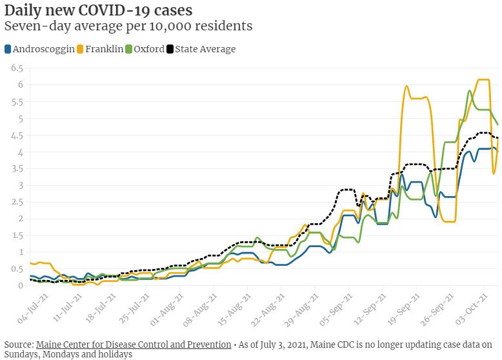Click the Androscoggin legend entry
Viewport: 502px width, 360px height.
point(43,49)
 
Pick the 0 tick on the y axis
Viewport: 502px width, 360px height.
point(20,285)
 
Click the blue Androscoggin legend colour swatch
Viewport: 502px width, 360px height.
point(7,49)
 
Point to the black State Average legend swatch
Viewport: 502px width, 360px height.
point(170,49)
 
